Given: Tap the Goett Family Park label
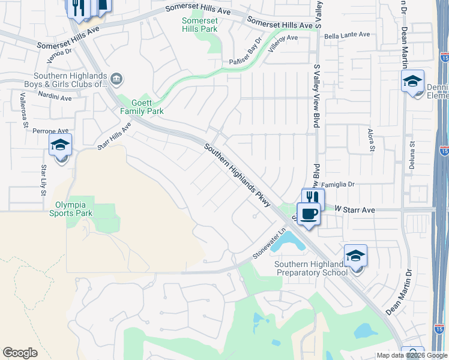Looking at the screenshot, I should [142, 107].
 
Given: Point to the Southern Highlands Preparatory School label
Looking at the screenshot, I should [310, 268].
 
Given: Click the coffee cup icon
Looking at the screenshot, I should [309, 215].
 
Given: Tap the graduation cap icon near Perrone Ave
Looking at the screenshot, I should [61, 146].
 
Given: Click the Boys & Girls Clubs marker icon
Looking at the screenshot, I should [117, 79].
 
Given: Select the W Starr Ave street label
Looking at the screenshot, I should [355, 210].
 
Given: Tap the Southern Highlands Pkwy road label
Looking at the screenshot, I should [237, 175].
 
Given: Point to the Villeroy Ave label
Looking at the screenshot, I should [283, 38].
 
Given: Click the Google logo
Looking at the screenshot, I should [20, 353].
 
